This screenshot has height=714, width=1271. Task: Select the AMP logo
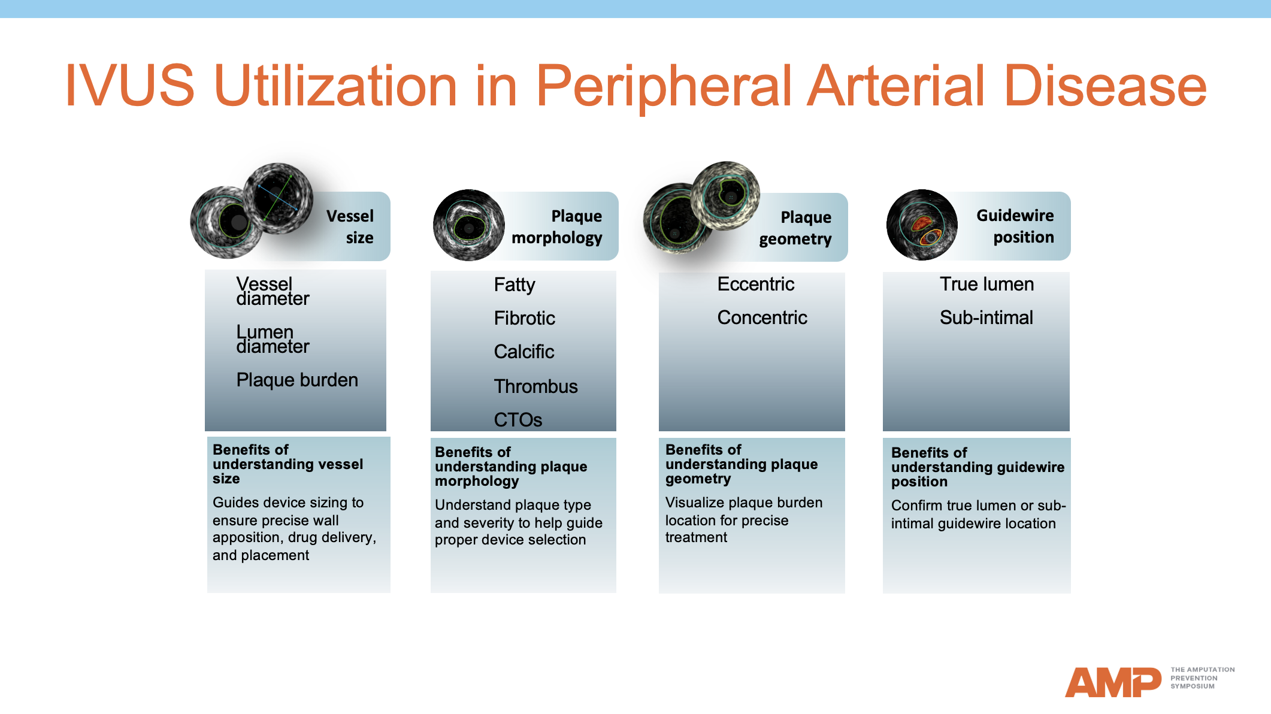1112,682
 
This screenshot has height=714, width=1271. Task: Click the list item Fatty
514,285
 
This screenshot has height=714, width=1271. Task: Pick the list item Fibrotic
524,318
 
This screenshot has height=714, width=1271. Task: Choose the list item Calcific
524,352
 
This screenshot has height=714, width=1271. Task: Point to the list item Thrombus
535,386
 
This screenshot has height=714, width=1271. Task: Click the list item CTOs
518,420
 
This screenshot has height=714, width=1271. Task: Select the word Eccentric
755,284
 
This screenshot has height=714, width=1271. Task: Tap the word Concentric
762,317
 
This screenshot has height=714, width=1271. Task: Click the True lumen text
986,284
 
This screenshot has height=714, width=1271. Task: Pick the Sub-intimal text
986,317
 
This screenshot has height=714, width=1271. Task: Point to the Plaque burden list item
297,380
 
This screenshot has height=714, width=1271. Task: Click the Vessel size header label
350,226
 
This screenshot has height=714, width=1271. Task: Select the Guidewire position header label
1015,226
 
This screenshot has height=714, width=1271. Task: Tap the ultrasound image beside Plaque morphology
468,225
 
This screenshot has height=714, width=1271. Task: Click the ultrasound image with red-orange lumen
922,225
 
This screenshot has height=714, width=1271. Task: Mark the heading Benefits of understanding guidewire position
978,467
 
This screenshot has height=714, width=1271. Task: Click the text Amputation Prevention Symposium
1202,678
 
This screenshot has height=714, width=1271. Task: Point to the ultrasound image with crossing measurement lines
278,198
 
